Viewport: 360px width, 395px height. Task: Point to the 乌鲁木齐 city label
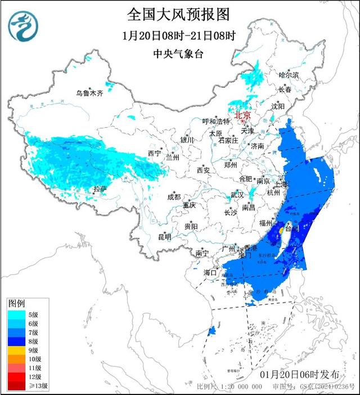[90, 94]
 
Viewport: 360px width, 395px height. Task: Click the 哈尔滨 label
[289, 75]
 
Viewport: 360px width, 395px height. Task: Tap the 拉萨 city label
[100, 188]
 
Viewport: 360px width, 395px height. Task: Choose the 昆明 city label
[164, 237]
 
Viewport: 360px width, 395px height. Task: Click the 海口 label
[210, 273]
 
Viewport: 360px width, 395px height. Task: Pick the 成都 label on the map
[174, 197]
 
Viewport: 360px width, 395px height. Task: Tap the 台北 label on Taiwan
[292, 229]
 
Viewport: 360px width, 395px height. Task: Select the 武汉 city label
[237, 195]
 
